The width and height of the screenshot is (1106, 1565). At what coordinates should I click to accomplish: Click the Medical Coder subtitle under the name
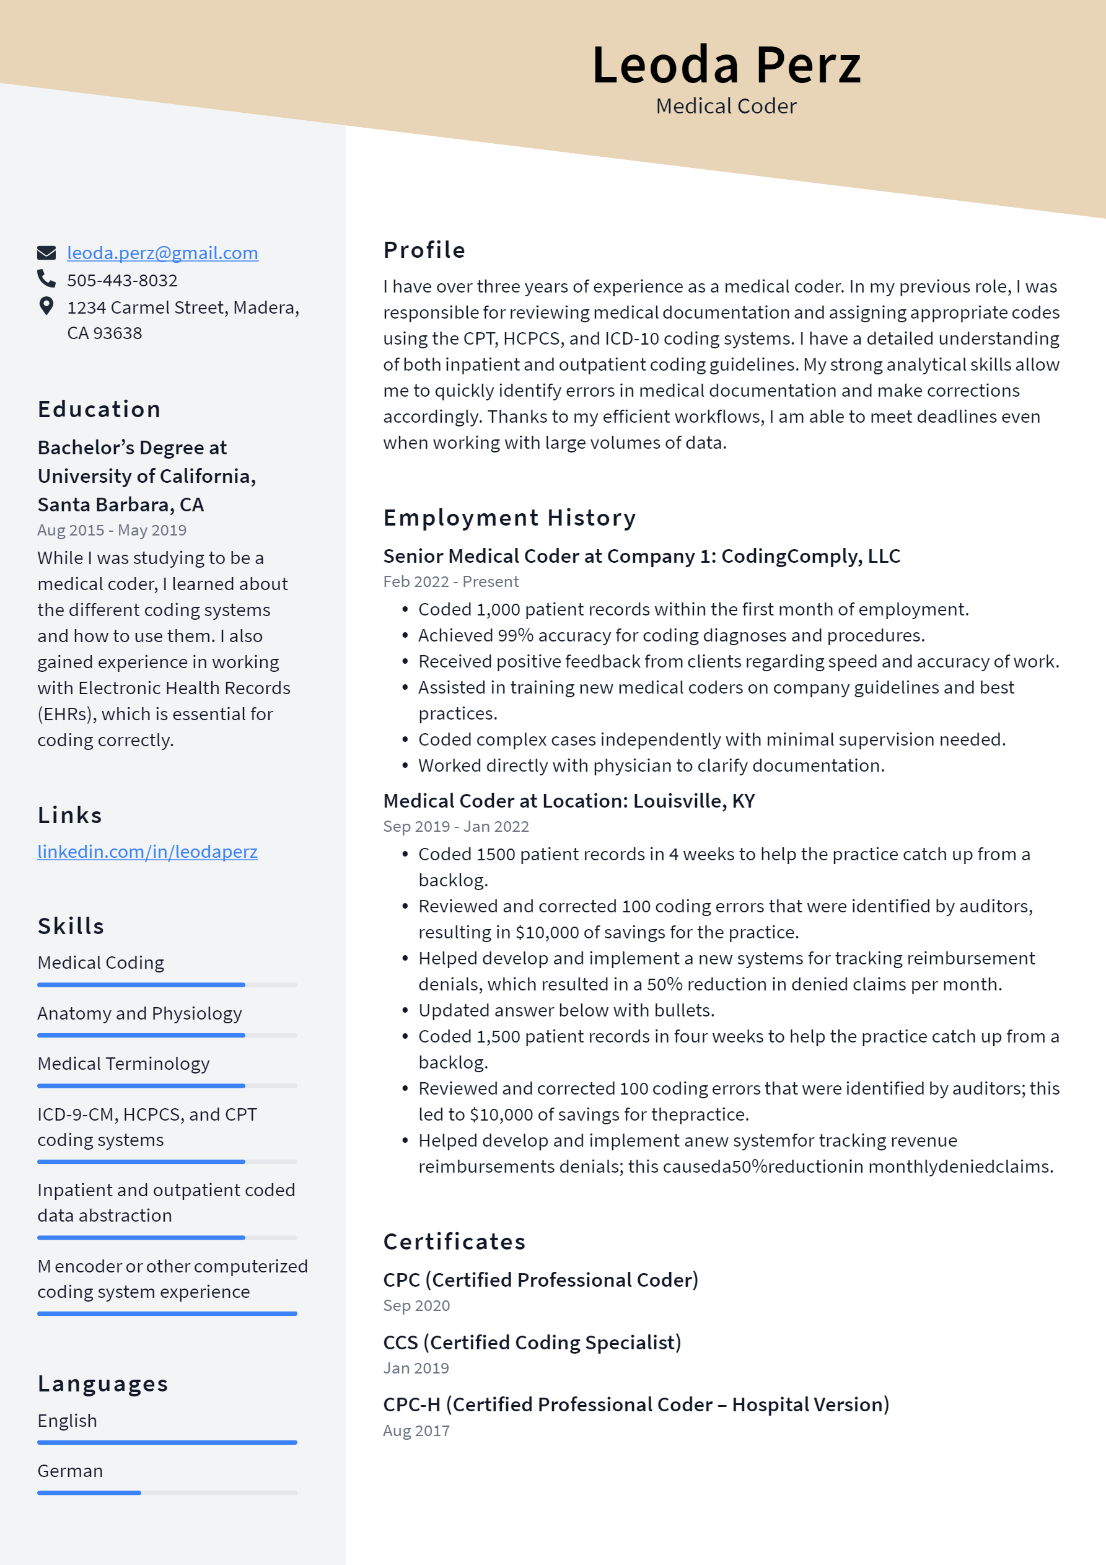click(726, 107)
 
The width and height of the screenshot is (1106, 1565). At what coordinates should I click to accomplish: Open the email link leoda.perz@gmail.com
click(162, 253)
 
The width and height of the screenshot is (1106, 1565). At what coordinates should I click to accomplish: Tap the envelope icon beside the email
click(46, 253)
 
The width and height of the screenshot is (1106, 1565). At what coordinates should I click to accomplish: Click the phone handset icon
click(46, 279)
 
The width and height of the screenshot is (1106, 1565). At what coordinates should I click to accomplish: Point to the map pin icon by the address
click(46, 306)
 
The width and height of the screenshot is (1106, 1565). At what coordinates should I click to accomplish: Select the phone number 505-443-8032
click(122, 280)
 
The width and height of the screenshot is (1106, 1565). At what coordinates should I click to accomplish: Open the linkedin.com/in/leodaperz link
click(147, 852)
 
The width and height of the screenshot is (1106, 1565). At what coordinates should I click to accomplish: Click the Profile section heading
click(424, 250)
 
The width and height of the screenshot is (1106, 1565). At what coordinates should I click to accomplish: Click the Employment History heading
click(509, 518)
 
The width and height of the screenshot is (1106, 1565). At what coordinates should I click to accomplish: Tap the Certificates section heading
click(454, 1241)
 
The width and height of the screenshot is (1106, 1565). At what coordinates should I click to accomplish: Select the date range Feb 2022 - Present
click(450, 581)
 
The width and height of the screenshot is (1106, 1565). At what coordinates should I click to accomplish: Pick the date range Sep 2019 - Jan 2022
click(456, 826)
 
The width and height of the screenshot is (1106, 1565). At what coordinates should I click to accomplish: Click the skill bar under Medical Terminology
click(167, 1086)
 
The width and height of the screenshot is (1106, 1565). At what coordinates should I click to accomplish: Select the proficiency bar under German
click(167, 1492)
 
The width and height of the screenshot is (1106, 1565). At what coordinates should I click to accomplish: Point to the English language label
click(68, 1421)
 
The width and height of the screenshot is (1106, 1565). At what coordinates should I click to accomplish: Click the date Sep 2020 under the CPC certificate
click(416, 1305)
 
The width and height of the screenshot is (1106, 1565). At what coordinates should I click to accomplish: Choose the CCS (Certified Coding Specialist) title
click(532, 1342)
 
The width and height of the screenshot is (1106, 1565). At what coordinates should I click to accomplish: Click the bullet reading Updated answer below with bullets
click(566, 1010)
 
